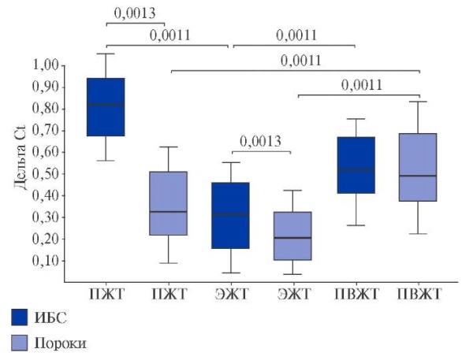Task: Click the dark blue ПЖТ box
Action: pos(105,107)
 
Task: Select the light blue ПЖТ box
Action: pos(167,203)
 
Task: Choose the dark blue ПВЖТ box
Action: pos(355,165)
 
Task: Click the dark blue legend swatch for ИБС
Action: pos(21,317)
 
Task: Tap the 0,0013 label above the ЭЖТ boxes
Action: pos(261,142)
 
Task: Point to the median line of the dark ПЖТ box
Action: pos(105,104)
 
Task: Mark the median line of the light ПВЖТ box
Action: pos(418,176)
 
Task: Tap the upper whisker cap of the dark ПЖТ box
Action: pos(105,54)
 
